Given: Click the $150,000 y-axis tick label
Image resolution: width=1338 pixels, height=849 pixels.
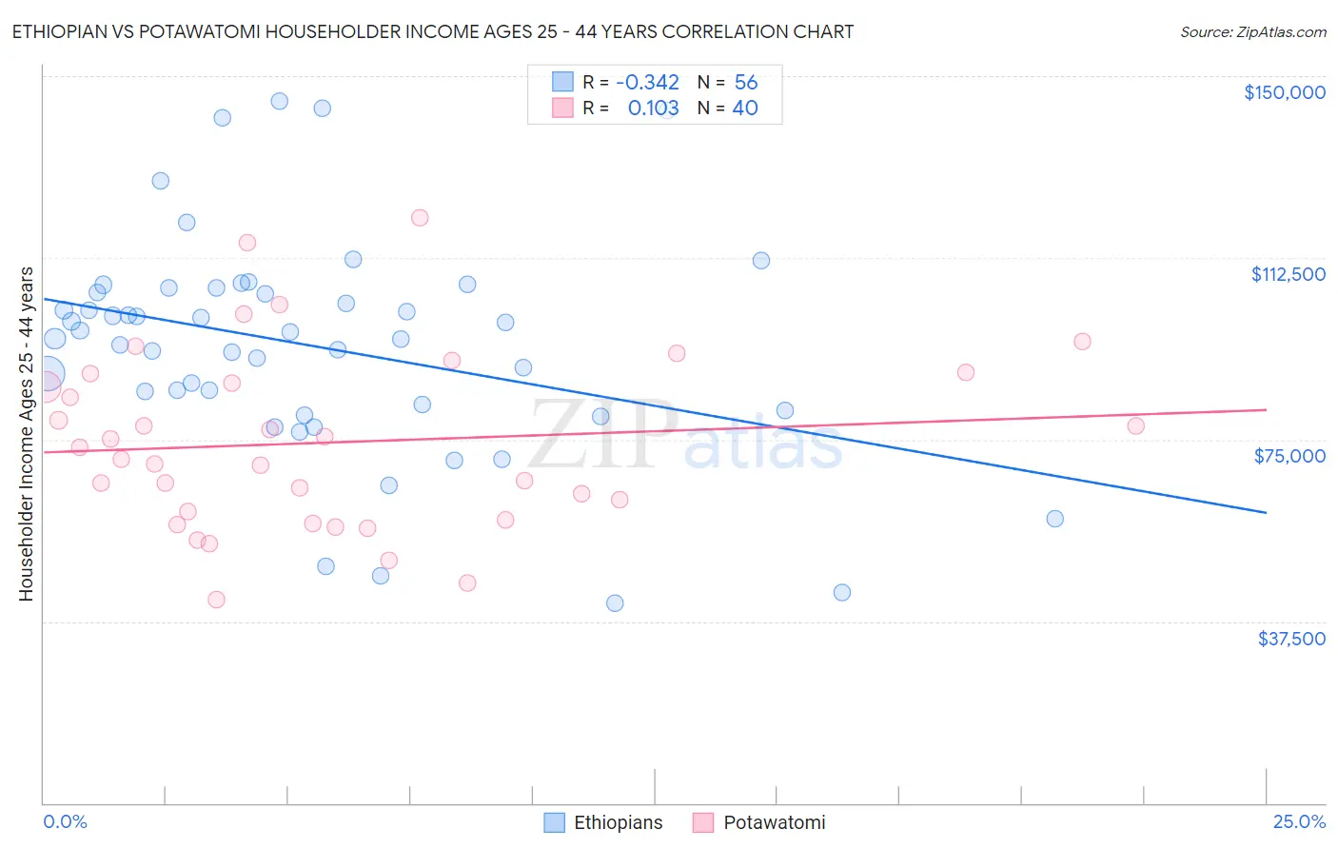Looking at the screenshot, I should pos(1284,92).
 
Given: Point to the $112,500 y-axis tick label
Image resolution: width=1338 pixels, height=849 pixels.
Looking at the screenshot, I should pos(1288,274).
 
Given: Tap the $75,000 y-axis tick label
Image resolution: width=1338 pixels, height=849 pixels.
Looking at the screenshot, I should pos(1289,456).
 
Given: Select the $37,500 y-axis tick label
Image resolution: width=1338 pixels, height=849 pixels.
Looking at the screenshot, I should pos(1290,639).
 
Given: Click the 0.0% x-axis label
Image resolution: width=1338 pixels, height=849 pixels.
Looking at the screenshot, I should pos(65,821).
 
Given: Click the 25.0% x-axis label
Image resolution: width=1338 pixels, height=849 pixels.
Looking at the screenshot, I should pos(1299,821).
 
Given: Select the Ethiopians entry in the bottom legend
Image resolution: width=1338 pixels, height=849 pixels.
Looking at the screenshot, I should pos(603,822).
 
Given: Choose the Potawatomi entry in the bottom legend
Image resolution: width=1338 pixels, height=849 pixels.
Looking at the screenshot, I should pos(759,822).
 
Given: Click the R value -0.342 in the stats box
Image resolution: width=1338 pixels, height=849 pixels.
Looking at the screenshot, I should pos(647,82).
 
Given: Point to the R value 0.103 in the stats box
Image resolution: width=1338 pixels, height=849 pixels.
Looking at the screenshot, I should pos(653,108).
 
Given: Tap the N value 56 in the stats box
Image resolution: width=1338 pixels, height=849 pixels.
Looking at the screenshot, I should pos(746,82).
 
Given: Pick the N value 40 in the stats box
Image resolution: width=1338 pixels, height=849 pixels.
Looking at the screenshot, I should pos(745,108).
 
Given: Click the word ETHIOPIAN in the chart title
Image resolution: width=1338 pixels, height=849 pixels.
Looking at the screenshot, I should pos(61,31).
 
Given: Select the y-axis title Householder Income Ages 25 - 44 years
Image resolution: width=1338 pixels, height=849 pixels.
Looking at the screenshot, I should pos(26,434).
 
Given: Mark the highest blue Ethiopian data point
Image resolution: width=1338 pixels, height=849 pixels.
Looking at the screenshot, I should pos(279,101).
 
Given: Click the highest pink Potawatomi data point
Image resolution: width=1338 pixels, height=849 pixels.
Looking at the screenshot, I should pos(420,218).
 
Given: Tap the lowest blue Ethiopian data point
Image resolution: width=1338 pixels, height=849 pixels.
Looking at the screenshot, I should pos(615,603).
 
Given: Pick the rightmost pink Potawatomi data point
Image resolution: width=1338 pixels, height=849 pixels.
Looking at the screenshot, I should pos(1135,425).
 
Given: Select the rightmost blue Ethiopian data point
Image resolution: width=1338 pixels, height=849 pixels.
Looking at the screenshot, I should pos(1054,519).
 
